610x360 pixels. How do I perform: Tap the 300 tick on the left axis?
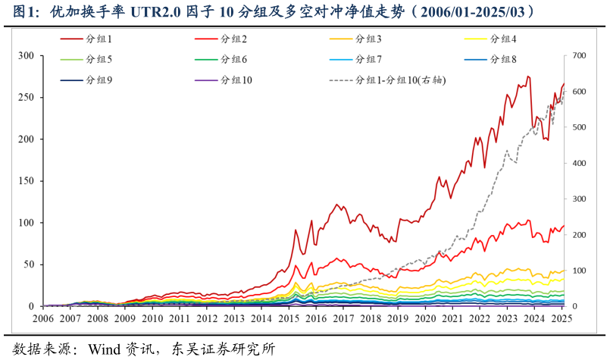[27, 56]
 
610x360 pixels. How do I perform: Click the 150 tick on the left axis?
[27, 181]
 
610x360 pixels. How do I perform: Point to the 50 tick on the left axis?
[30, 265]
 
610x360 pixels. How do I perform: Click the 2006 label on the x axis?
[43, 320]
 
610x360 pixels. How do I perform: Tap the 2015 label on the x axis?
[289, 320]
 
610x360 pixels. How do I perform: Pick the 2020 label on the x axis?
[425, 320]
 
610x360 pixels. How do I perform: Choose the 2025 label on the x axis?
[562, 320]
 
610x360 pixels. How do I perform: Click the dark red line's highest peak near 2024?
[528, 77]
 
